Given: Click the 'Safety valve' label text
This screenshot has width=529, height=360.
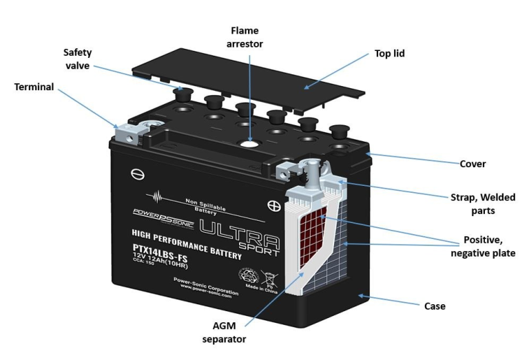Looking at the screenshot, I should point(78,59).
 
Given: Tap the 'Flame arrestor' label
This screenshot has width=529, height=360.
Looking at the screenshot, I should point(245,37).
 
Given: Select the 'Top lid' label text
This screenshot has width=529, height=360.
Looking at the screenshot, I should point(389,53).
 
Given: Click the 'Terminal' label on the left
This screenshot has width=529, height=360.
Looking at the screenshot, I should point(34,87).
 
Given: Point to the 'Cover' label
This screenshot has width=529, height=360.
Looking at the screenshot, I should point(473,164).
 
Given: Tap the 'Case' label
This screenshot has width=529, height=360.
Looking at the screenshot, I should point(435,306).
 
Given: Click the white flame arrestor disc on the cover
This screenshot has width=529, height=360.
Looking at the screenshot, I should point(247,145).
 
